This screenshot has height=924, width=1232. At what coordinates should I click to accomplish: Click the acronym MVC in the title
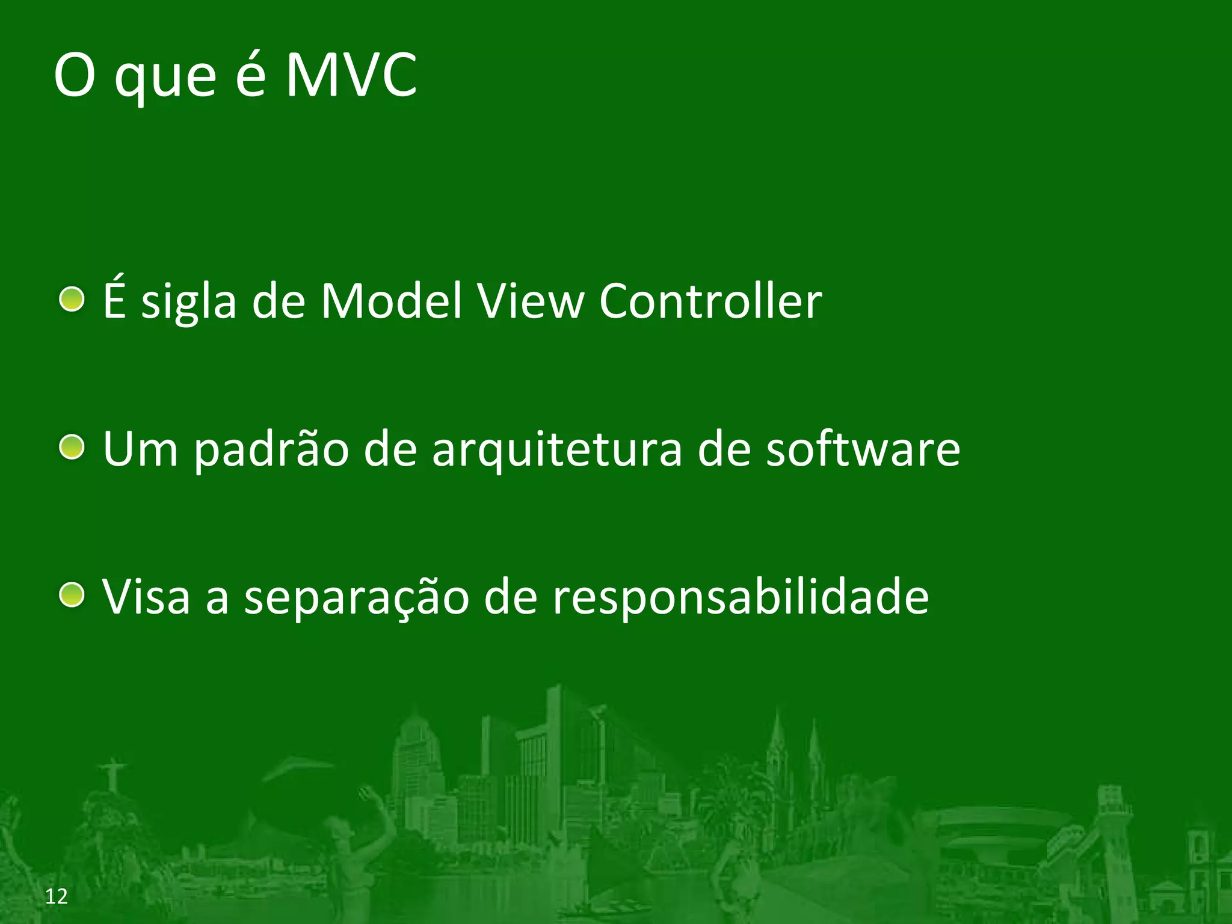[x=351, y=75]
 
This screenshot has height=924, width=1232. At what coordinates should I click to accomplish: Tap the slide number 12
[x=57, y=896]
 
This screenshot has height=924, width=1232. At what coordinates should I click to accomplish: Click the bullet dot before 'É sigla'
[x=72, y=299]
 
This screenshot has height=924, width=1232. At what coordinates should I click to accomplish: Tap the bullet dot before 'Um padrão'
[x=72, y=447]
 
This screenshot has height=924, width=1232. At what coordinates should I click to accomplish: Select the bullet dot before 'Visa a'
[x=72, y=595]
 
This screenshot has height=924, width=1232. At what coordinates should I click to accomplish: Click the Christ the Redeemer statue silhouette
[x=112, y=776]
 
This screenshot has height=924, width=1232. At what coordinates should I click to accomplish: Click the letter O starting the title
[x=75, y=76]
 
